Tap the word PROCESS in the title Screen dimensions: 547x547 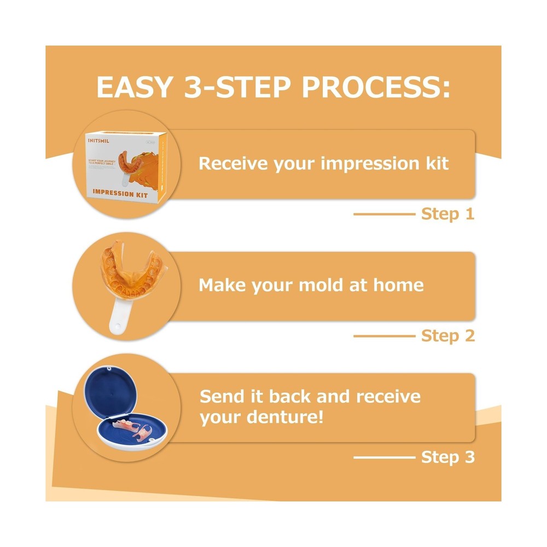tap(376, 87)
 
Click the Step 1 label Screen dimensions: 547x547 tap(447, 214)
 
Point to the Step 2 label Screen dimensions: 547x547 tap(447, 335)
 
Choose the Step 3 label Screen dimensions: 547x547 tap(447, 457)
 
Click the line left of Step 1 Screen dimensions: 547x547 tap(384, 214)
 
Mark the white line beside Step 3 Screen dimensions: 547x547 tap(384, 457)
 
